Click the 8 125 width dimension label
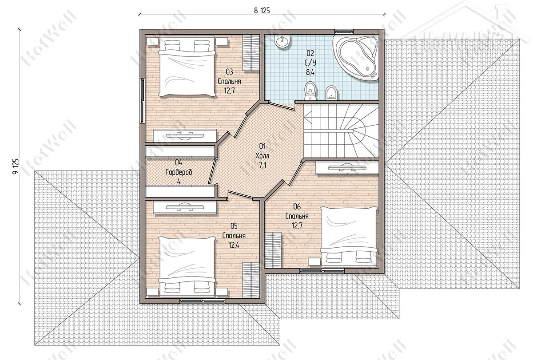tap(262, 11)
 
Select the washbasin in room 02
tap(282, 41)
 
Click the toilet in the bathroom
tap(310, 91)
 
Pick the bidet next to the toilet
tap(332, 93)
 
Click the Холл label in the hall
tap(262, 156)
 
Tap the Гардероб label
tap(179, 172)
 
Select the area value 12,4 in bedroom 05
tap(234, 245)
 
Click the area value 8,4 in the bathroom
tap(310, 72)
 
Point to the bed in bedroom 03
tap(187, 66)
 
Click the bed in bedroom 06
tap(349, 236)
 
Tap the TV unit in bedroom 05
tap(185, 207)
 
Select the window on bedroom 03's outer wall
tap(142, 101)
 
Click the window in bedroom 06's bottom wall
tap(322, 271)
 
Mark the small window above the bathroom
tap(344, 31)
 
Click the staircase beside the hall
tap(342, 131)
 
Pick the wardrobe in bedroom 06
tap(273, 250)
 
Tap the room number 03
tap(229, 71)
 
